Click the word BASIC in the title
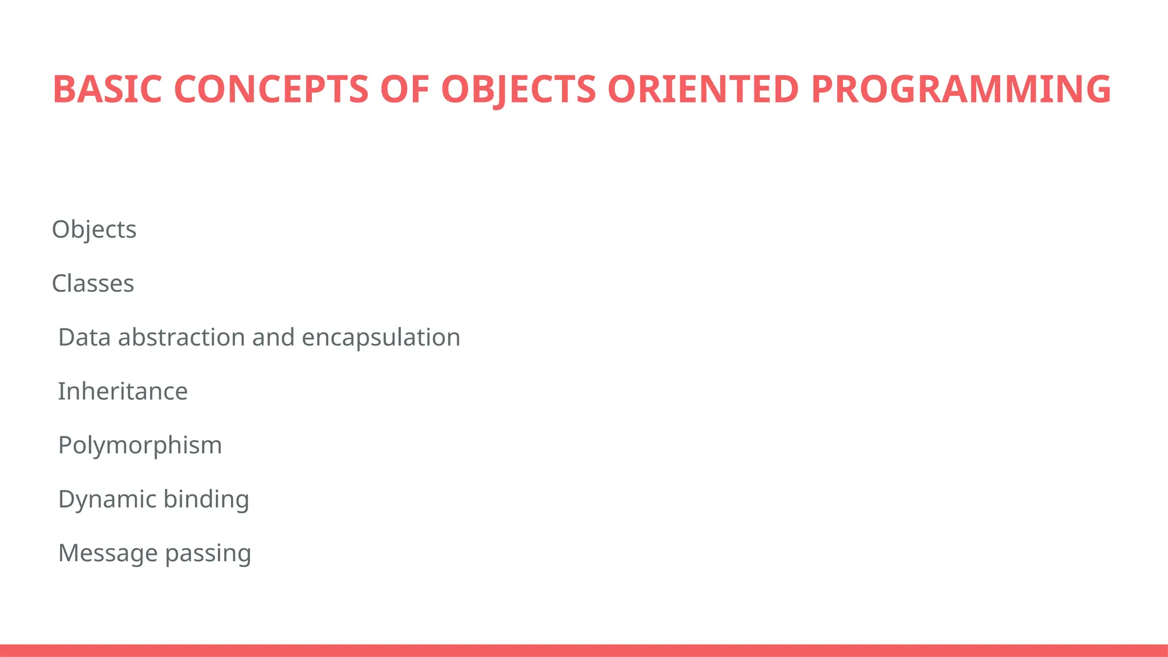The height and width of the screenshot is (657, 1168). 107,90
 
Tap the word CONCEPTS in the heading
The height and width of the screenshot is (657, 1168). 271,90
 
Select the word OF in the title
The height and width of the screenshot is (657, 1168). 404,90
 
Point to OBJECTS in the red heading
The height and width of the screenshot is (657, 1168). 518,90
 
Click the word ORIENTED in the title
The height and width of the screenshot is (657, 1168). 703,90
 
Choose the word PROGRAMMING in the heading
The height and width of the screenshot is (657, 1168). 960,90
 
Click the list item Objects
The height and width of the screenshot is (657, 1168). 94,230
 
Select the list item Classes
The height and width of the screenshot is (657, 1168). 93,283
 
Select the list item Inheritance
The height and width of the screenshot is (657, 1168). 123,391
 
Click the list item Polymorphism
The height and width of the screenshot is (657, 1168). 140,445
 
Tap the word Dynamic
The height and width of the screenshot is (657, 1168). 107,500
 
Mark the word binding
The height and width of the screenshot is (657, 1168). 206,500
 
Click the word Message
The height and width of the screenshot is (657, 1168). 108,553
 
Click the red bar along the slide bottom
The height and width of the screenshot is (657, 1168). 584,650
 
